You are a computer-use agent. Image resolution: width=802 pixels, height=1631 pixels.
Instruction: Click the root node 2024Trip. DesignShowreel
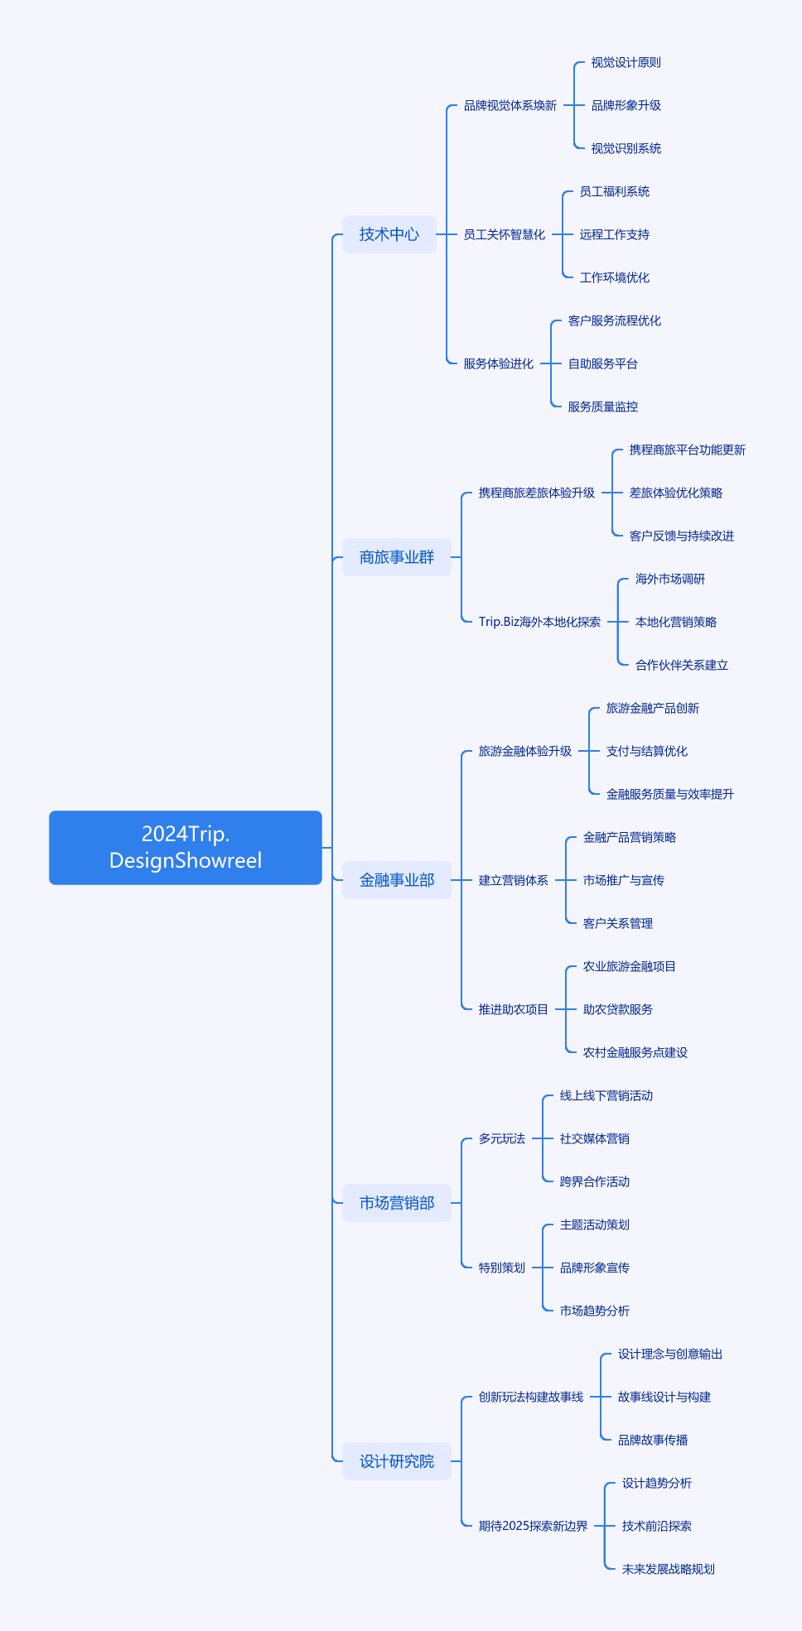pos(186,847)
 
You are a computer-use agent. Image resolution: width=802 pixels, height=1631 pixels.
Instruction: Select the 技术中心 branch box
pos(389,234)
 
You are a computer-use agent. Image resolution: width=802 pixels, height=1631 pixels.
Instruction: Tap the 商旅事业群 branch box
pos(397,557)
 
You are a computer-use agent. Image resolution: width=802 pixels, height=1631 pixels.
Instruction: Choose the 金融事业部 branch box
pos(397,880)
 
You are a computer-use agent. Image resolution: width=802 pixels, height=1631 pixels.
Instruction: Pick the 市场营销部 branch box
pos(397,1203)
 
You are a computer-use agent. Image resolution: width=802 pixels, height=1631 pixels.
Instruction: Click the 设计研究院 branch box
pos(397,1461)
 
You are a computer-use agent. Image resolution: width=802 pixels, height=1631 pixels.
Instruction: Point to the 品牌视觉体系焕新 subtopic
pos(510,105)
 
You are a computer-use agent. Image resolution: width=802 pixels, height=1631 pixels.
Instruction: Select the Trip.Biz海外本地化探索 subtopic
pos(539,622)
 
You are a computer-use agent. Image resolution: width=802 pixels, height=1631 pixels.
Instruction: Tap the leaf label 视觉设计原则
pos(626,62)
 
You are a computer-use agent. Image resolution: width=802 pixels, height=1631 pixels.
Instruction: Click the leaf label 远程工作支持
pos(615,234)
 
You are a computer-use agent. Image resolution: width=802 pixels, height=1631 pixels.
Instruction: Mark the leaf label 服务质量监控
pos(603,407)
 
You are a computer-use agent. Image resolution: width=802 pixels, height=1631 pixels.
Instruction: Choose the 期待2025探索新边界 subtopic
pos(533,1526)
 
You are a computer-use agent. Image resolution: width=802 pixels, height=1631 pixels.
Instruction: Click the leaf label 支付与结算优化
pos(647,751)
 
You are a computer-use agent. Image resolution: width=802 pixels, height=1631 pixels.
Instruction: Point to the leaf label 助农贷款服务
pos(618,1009)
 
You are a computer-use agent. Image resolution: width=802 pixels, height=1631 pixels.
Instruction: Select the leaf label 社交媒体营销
pos(595,1138)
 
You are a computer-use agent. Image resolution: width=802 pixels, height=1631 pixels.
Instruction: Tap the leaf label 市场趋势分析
pos(595,1311)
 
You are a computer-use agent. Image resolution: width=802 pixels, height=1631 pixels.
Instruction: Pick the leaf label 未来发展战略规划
pos(669,1569)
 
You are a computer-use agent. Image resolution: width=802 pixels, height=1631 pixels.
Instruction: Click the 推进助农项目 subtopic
pos(514,1009)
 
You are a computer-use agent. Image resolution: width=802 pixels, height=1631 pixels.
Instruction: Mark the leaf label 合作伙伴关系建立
pos(682,665)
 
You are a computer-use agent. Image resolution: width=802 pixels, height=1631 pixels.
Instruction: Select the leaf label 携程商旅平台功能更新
pos(688,450)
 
